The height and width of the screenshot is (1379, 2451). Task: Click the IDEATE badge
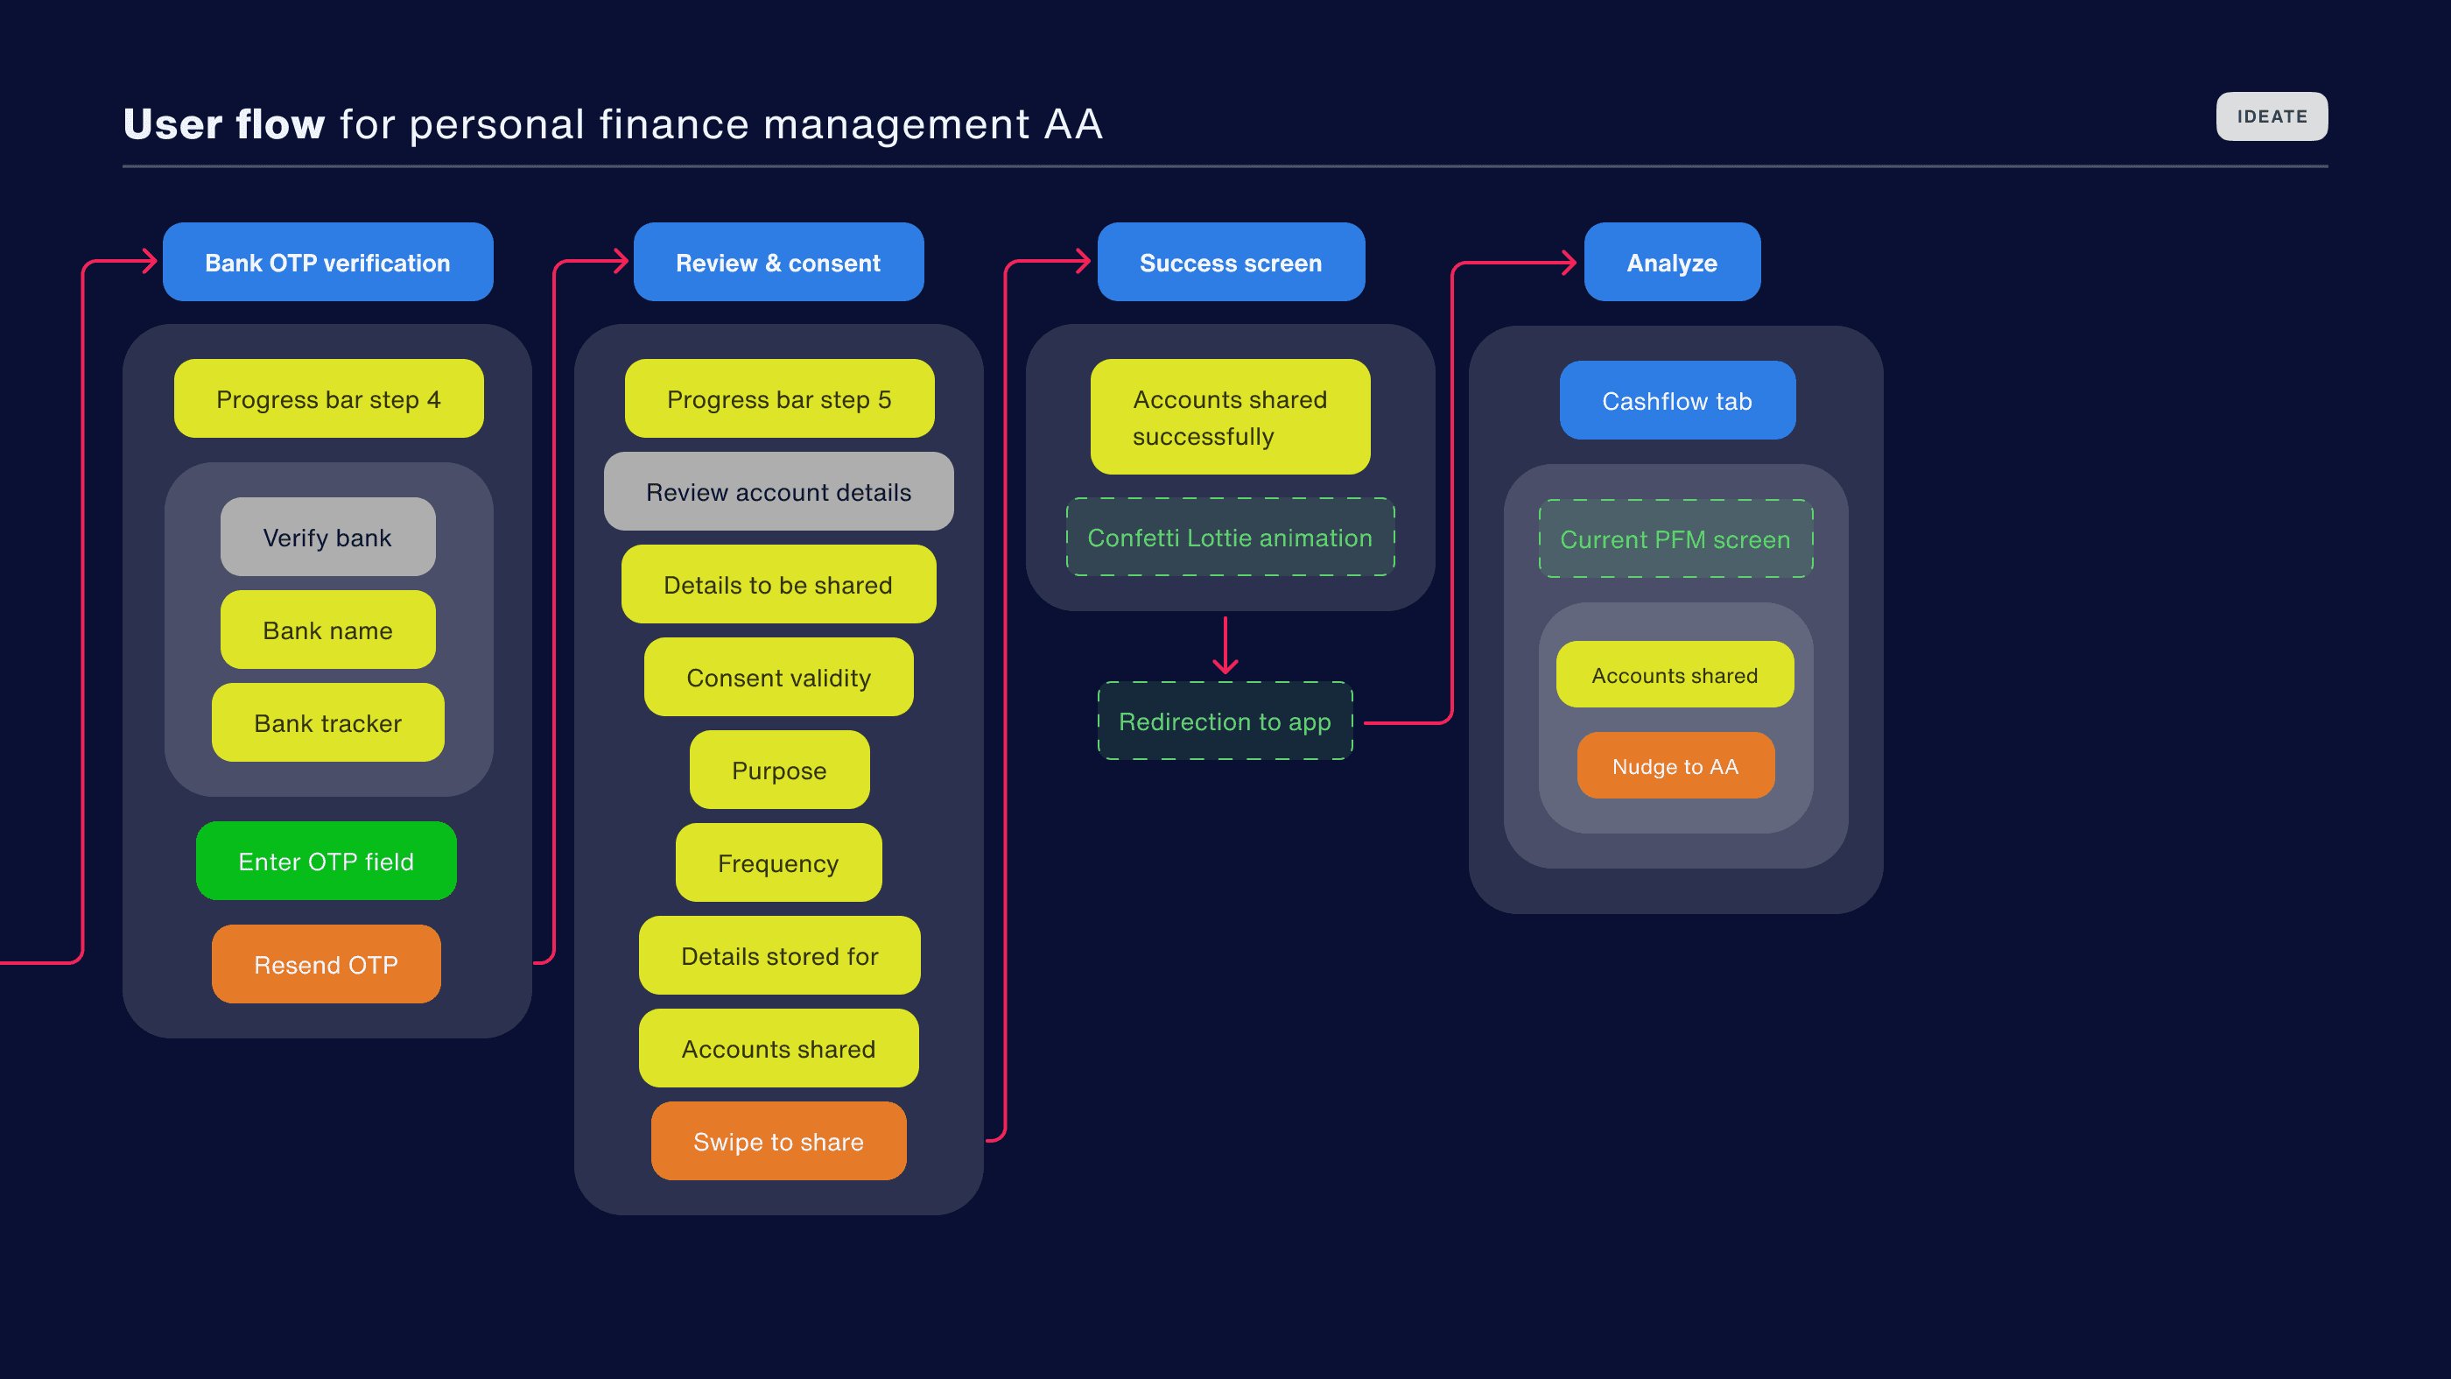[x=2272, y=116]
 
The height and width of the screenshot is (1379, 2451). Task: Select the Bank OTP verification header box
[x=327, y=263]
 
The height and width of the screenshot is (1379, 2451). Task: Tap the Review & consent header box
[x=778, y=263]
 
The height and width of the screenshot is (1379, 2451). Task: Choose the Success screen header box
[x=1230, y=263]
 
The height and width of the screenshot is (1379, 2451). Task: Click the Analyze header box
[x=1672, y=263]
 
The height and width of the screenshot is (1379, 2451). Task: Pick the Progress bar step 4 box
[x=328, y=398]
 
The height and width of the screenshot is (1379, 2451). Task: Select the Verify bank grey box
[x=327, y=537]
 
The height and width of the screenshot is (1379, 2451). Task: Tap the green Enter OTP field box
[x=326, y=862]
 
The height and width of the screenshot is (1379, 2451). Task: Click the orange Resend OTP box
[x=326, y=964]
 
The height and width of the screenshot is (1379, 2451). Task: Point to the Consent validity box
[x=778, y=678]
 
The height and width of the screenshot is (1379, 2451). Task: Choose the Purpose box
[x=778, y=770]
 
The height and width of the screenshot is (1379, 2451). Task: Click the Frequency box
[x=778, y=863]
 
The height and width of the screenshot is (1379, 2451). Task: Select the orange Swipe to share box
[x=778, y=1141]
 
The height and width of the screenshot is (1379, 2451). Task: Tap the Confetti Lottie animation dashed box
[x=1230, y=537]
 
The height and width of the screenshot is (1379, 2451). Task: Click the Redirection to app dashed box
[x=1225, y=721]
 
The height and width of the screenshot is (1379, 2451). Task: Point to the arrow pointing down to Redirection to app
[x=1225, y=647]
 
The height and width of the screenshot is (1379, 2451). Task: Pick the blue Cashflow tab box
[x=1676, y=401]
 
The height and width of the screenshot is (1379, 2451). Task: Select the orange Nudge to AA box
[x=1675, y=766]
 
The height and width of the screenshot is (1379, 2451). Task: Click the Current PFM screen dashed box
[x=1675, y=538]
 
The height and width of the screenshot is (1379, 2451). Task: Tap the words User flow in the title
[x=223, y=124]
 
